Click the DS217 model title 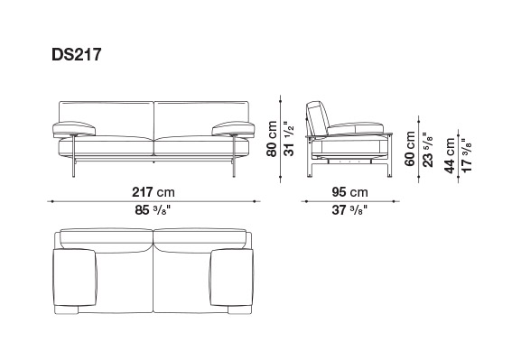tap(76, 54)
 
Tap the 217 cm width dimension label tap(154, 192)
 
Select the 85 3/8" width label tap(153, 210)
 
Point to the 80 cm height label tap(272, 138)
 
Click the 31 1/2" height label tap(289, 138)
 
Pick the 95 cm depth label tap(349, 192)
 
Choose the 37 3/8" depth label tap(349, 210)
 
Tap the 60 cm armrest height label tap(410, 149)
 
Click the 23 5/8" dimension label tap(428, 150)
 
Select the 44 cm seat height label tap(450, 155)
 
